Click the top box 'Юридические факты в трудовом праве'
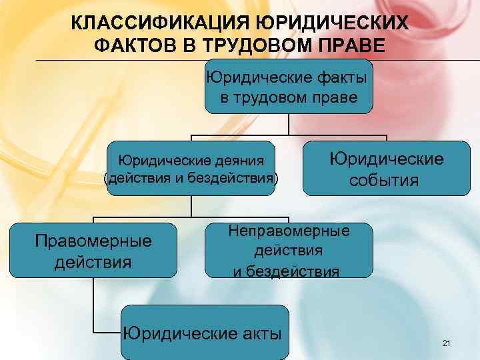pyautogui.click(x=289, y=88)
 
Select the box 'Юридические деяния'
pyautogui.click(x=191, y=169)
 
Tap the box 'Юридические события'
pyautogui.click(x=386, y=169)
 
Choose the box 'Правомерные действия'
pyautogui.click(x=93, y=250)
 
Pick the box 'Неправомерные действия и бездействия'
pyautogui.click(x=289, y=250)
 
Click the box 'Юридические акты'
pyautogui.click(x=204, y=333)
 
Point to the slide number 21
pyautogui.click(x=446, y=343)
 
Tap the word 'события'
pyautogui.click(x=386, y=181)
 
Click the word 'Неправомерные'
pyautogui.click(x=289, y=231)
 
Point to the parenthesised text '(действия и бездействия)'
pyautogui.click(x=191, y=178)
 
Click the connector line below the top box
pyautogui.click(x=289, y=124)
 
